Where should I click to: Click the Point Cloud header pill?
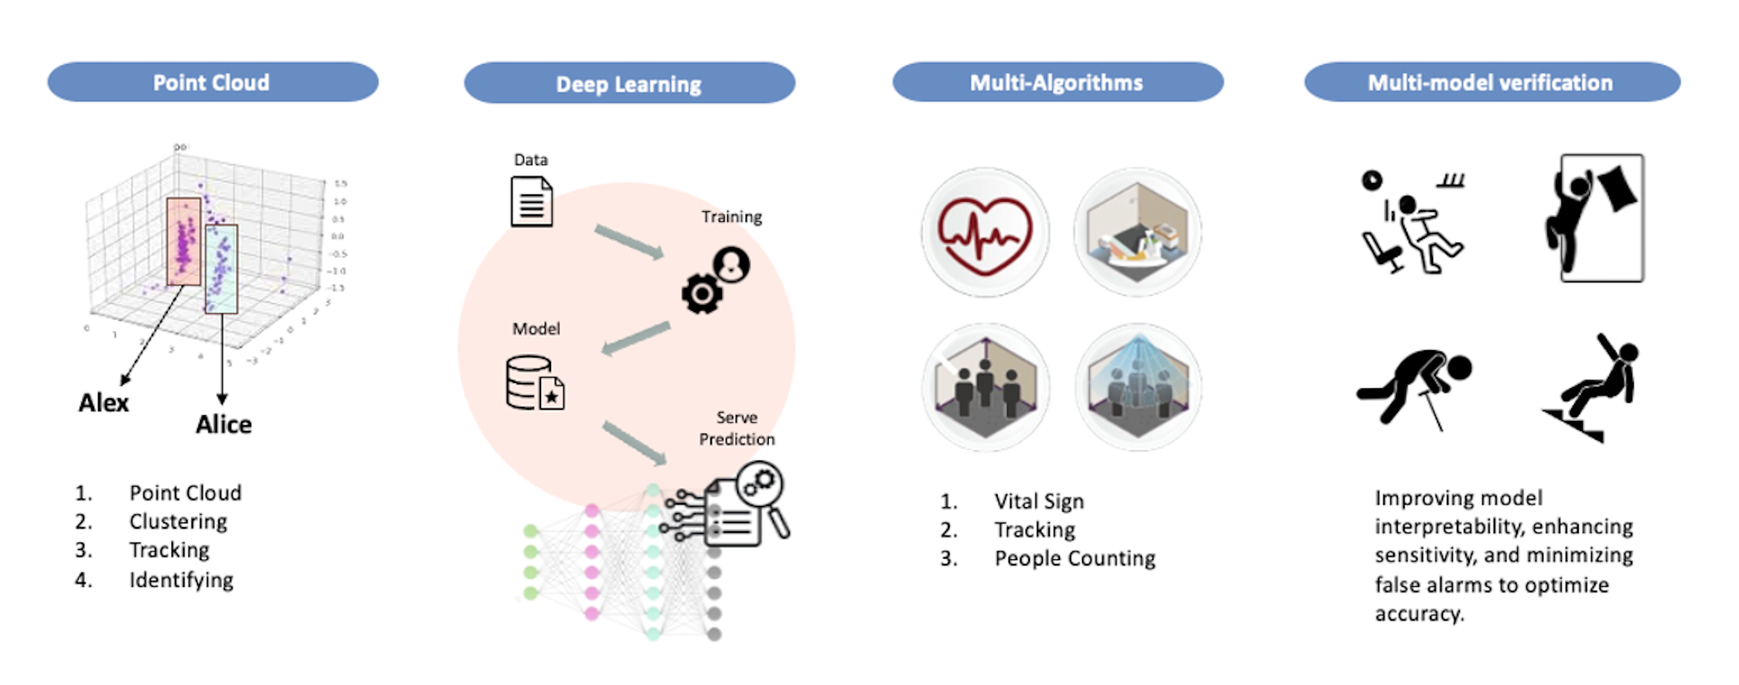(212, 82)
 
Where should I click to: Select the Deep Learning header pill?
(628, 84)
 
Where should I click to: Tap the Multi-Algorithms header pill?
(1057, 82)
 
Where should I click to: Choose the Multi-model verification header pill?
(1491, 82)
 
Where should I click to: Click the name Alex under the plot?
(104, 402)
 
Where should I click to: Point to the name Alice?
(224, 424)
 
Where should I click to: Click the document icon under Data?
(532, 201)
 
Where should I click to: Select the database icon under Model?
(534, 384)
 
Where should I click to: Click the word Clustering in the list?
(178, 521)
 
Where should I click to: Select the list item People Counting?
(1075, 559)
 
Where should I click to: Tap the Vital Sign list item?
(1038, 501)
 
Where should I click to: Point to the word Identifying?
(181, 579)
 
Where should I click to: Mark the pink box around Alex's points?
(184, 241)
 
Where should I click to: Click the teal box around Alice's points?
(222, 269)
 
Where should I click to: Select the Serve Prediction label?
(737, 428)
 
